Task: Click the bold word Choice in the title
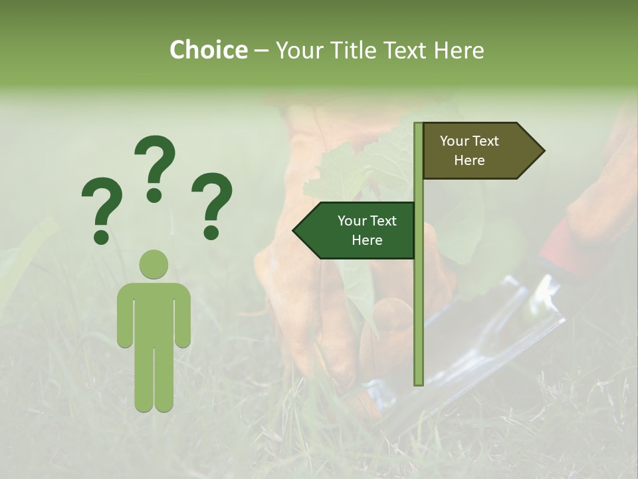point(208,51)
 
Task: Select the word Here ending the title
point(459,51)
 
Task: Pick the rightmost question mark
point(212,203)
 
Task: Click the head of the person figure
point(154,264)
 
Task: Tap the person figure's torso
point(154,313)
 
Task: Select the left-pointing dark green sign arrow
point(359,230)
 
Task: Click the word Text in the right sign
point(486,141)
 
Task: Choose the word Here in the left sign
point(367,240)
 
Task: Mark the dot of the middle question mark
point(155,195)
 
